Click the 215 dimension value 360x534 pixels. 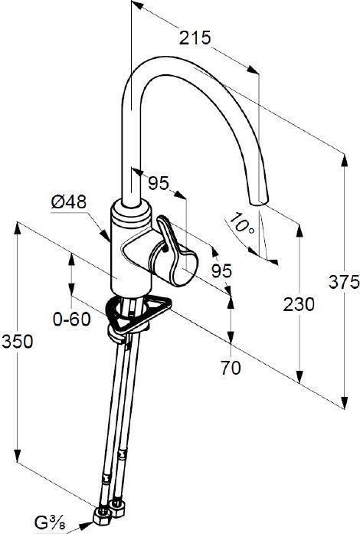195,38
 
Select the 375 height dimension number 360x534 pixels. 344,282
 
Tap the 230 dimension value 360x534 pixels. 299,304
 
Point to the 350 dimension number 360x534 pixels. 18,342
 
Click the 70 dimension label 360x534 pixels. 231,368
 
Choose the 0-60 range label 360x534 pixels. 72,319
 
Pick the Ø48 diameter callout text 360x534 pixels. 69,202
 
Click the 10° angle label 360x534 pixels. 242,224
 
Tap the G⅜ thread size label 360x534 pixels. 50,522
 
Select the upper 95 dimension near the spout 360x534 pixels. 159,183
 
